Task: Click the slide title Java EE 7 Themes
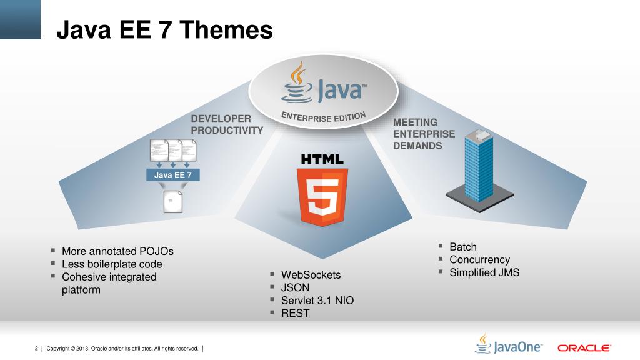[x=164, y=29]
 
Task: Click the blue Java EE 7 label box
[x=173, y=175]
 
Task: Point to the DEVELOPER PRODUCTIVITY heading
[x=227, y=124]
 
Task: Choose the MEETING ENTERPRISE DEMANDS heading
[x=424, y=134]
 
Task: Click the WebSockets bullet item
[x=311, y=274]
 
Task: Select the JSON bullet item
[x=295, y=287]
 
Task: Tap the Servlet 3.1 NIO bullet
[x=317, y=301]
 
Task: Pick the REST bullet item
[x=295, y=313]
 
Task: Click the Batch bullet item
[x=462, y=247]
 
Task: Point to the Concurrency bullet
[x=479, y=259]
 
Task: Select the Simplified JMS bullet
[x=484, y=272]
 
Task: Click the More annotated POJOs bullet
[x=117, y=251]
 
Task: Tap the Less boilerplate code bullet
[x=112, y=264]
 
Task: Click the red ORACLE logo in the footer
[x=584, y=348]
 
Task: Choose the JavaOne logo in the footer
[x=509, y=346]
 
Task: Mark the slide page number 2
[x=36, y=348]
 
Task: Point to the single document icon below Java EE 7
[x=172, y=201]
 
